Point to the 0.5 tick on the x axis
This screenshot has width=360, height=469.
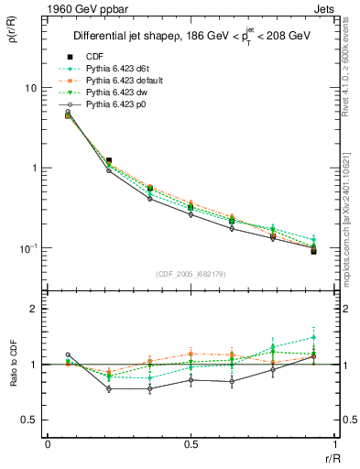click(191, 444)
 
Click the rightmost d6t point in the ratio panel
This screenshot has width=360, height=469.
click(313, 337)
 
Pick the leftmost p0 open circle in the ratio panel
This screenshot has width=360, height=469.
click(68, 354)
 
